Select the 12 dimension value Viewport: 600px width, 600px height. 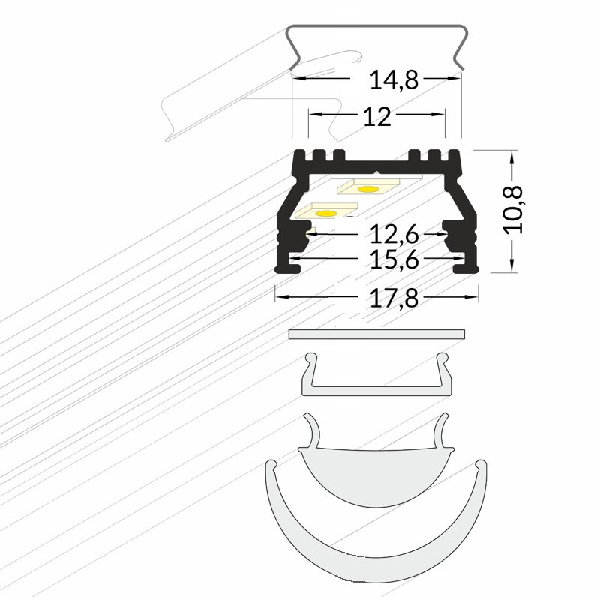(377, 116)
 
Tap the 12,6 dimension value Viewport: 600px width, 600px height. (392, 235)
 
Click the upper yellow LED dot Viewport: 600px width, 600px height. (367, 189)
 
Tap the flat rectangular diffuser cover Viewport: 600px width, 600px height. (376, 334)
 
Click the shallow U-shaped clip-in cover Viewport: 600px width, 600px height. (377, 386)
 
